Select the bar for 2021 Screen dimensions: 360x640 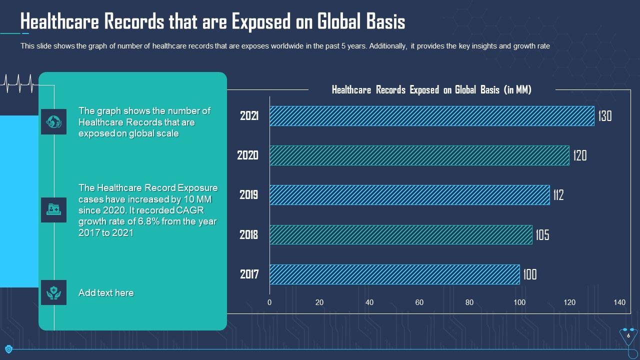coord(431,116)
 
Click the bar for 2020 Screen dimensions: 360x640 coord(419,155)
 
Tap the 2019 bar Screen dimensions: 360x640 coord(409,195)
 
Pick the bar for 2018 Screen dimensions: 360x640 coord(400,234)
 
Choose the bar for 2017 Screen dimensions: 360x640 coord(394,274)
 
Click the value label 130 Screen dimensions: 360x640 coord(604,116)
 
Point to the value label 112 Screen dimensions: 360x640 coord(558,195)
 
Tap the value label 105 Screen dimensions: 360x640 coord(542,234)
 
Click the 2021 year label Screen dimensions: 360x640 coord(249,116)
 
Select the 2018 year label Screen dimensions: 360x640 coord(249,234)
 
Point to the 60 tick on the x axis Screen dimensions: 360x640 coord(419,302)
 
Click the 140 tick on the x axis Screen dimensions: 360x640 coord(619,302)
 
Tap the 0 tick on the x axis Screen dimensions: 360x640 coord(269,302)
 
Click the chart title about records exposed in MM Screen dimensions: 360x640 coord(431,90)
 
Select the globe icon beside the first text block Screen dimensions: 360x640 coord(53,121)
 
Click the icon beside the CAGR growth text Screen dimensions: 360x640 coord(53,210)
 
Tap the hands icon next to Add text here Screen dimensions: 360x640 coord(53,292)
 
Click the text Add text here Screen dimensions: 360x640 coord(106,293)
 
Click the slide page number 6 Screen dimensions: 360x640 coord(628,336)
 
